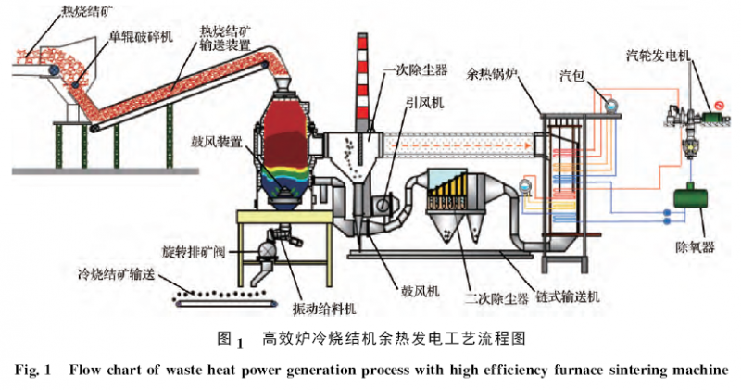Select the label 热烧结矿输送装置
click(229, 38)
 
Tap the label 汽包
click(574, 73)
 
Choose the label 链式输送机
click(571, 296)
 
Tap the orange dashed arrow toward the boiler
click(463, 144)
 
